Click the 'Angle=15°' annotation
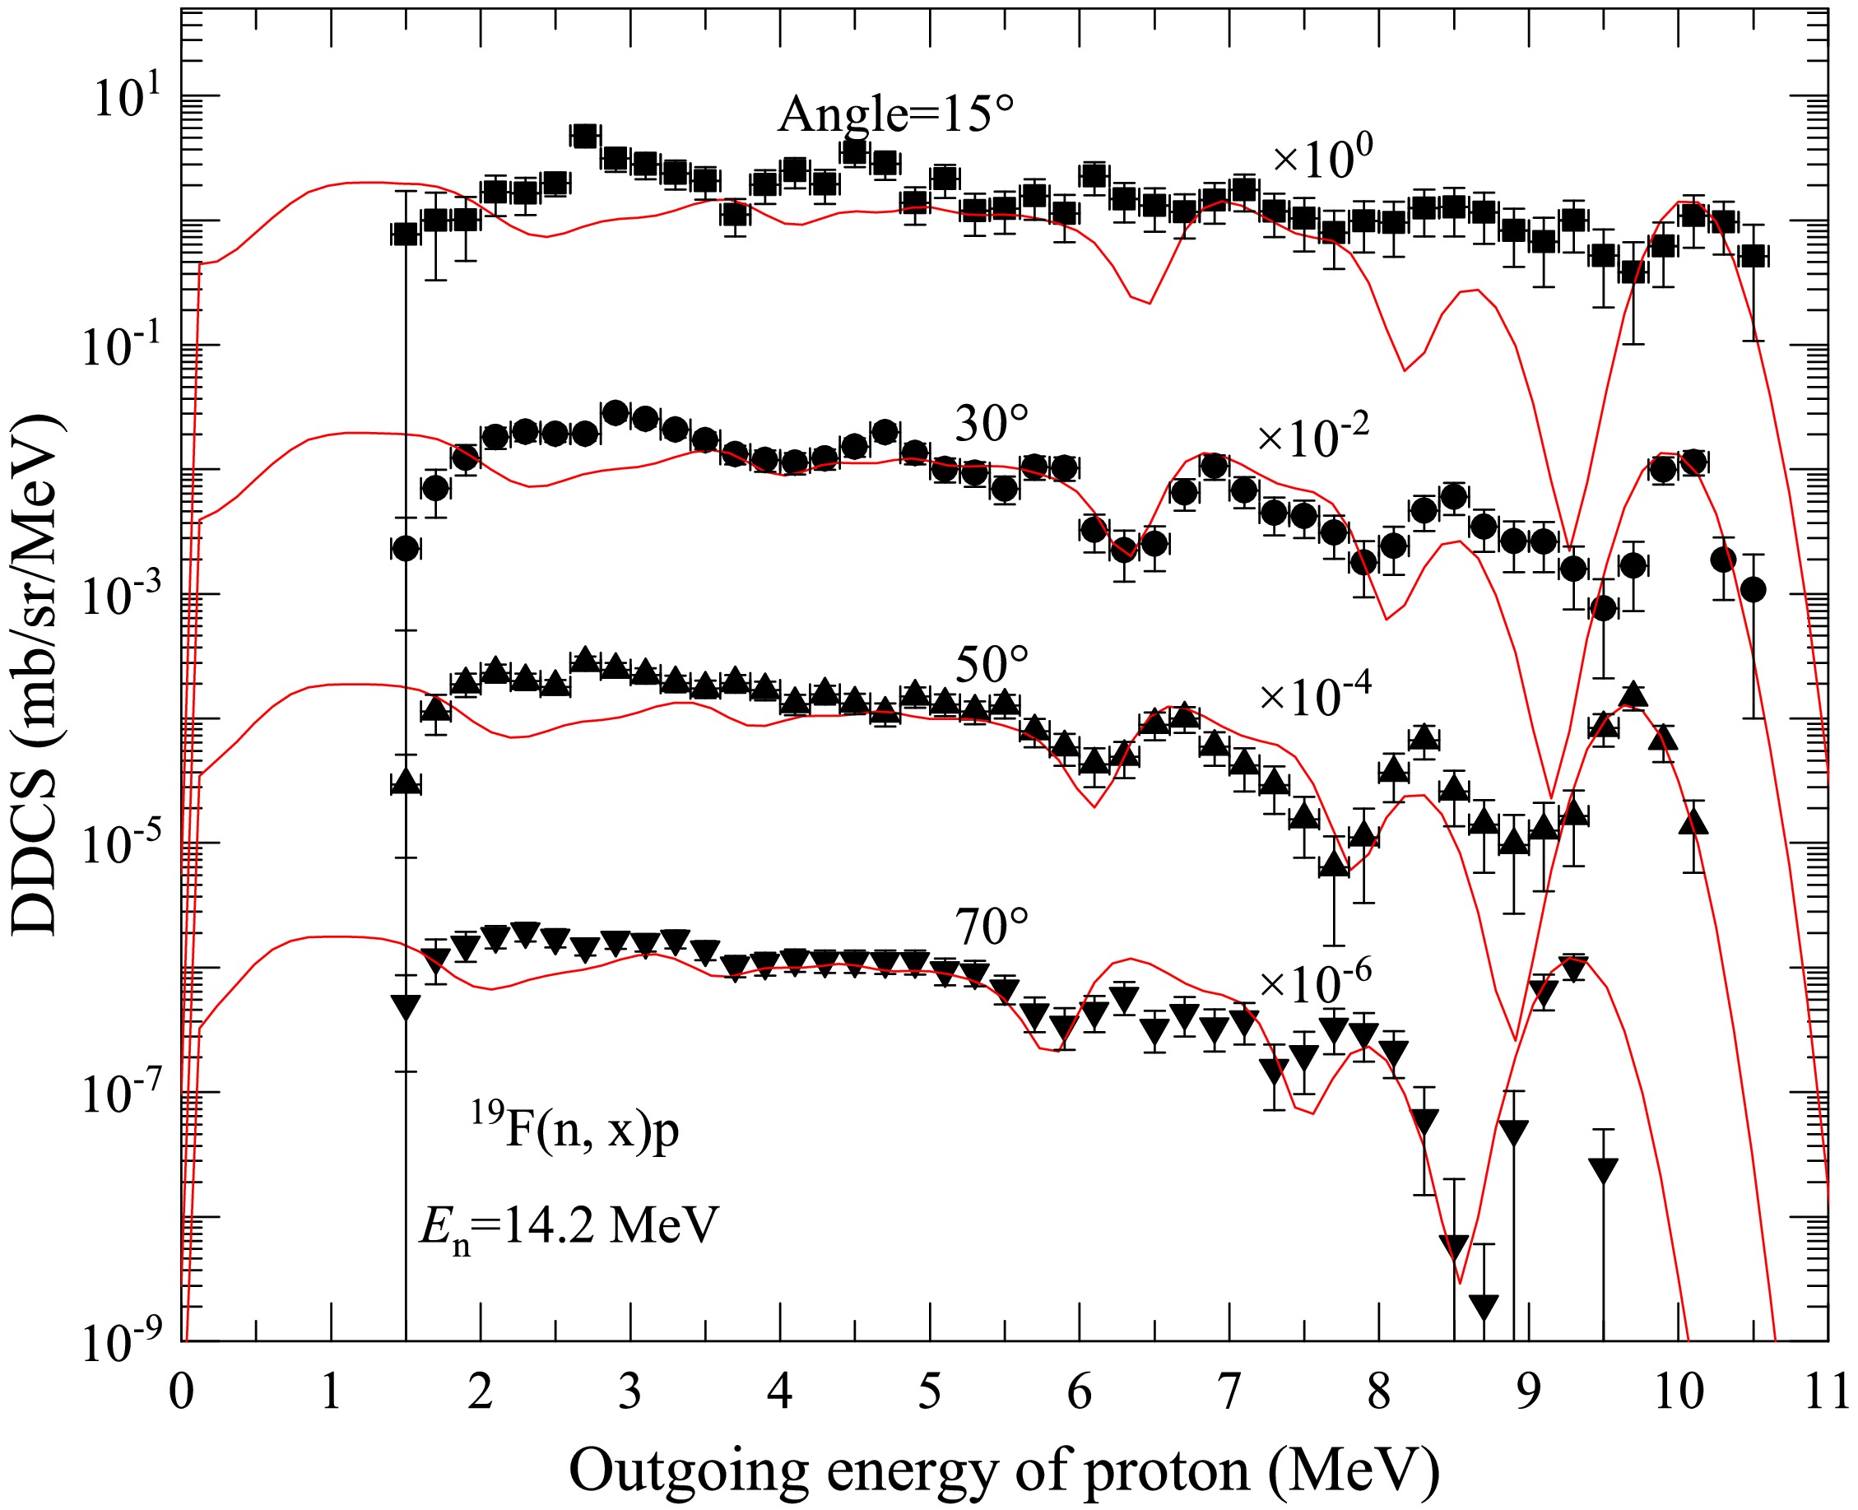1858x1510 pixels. [896, 114]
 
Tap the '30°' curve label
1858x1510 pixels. [992, 424]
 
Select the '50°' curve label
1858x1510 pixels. [992, 666]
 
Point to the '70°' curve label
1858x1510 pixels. [992, 927]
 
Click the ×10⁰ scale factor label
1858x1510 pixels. [1322, 159]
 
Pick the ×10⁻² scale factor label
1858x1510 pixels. [1313, 437]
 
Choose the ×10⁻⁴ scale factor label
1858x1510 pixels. [1315, 696]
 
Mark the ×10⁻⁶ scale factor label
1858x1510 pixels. [1315, 982]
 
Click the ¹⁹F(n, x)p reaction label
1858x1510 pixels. [575, 1131]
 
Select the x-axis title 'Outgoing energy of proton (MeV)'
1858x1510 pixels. [1004, 1470]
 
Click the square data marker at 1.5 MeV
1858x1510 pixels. [406, 234]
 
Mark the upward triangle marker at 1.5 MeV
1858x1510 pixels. [406, 782]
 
